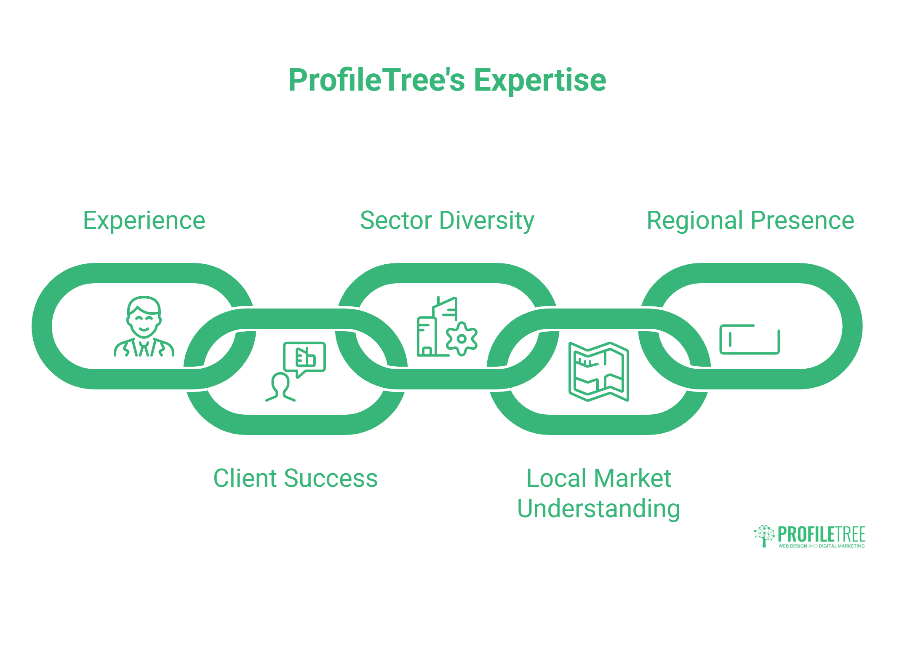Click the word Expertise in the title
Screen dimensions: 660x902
[540, 80]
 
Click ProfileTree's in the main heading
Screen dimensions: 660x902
[376, 80]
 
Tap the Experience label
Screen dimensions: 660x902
[144, 221]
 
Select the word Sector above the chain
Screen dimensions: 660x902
[396, 221]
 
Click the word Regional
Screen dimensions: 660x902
[694, 221]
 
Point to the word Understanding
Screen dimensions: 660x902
[598, 509]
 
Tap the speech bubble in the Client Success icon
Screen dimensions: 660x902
[305, 357]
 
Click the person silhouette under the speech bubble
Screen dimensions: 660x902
[280, 387]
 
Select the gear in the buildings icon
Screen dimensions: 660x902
[462, 338]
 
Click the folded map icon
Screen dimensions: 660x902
[598, 371]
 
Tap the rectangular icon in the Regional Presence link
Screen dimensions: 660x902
[750, 339]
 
